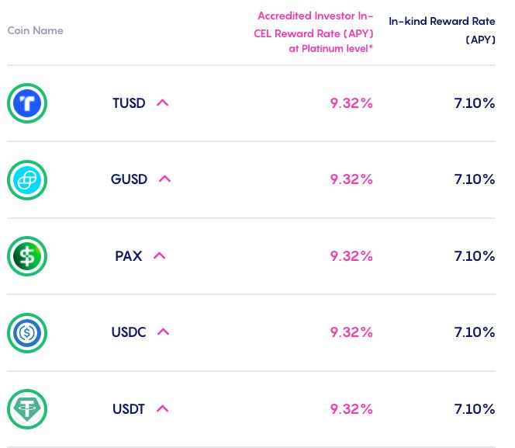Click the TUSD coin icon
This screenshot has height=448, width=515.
coord(27,103)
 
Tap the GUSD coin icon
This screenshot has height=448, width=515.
coord(27,179)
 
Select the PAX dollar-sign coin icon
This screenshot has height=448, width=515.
coord(27,256)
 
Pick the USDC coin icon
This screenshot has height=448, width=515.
coord(27,332)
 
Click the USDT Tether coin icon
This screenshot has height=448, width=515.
coord(27,409)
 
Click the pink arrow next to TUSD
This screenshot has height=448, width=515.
coord(162,102)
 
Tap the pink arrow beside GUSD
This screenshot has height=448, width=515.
coord(164,179)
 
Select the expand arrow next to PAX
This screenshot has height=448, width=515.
coord(159,255)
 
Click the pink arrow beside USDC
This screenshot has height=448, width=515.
coord(163,332)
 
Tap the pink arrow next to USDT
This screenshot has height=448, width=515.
coord(162,408)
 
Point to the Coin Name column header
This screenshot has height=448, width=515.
coord(36,31)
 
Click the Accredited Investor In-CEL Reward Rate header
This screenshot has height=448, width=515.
coord(314,33)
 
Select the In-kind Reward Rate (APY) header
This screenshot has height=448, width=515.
coord(442,30)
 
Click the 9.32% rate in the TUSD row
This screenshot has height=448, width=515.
coord(351,103)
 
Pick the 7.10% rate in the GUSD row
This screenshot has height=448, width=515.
coord(474,179)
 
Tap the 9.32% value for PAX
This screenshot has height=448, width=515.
coord(351,256)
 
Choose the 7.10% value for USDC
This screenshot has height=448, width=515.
coord(474,332)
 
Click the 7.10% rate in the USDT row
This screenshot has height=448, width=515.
coord(474,409)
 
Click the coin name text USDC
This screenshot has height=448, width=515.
coord(129,332)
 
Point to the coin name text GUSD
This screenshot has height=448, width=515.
coord(129,179)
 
